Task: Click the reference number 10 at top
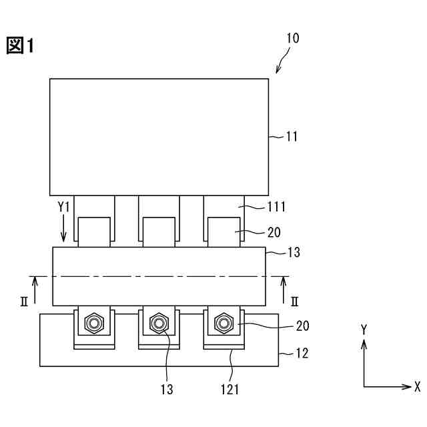pos(293,38)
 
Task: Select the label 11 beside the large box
pos(292,137)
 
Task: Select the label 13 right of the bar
pos(294,253)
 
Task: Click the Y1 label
pos(63,207)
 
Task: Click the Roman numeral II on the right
pos(294,301)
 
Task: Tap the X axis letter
pos(416,387)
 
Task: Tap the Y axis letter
pos(364,330)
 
